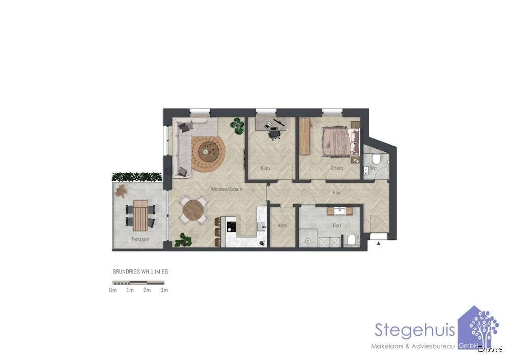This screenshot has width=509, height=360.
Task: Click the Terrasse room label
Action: pyautogui.click(x=139, y=239)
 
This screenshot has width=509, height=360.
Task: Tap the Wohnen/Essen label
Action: pyautogui.click(x=227, y=189)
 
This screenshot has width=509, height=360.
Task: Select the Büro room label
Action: pyautogui.click(x=265, y=168)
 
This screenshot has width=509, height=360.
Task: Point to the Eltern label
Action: pyautogui.click(x=336, y=168)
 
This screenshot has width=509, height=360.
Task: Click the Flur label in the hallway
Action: pyautogui.click(x=336, y=193)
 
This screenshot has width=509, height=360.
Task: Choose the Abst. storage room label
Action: pyautogui.click(x=282, y=226)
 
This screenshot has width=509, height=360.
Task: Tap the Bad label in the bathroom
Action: pyautogui.click(x=336, y=225)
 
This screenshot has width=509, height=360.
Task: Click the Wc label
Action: pyautogui.click(x=373, y=168)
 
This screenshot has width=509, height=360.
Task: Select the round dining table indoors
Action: pyautogui.click(x=193, y=210)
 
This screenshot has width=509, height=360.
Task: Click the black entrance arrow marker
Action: pyautogui.click(x=378, y=244)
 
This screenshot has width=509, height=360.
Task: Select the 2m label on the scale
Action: pyautogui.click(x=147, y=290)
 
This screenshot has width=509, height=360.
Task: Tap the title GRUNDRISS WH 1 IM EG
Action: pyautogui.click(x=140, y=272)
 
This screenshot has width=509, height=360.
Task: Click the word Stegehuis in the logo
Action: pyautogui.click(x=415, y=330)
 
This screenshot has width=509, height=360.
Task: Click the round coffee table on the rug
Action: pyautogui.click(x=208, y=150)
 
